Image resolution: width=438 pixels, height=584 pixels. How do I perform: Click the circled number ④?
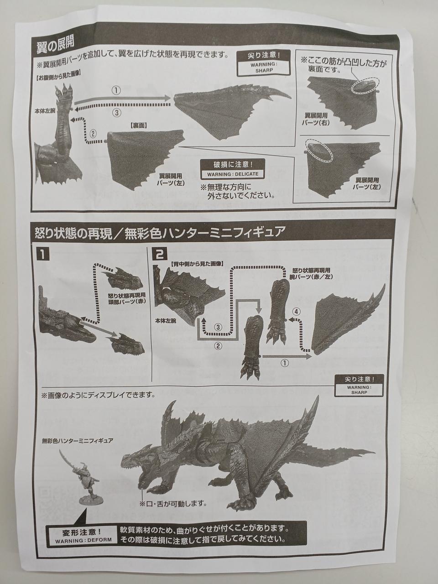coord(297,311)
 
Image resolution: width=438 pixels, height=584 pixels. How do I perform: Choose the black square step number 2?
coord(160,255)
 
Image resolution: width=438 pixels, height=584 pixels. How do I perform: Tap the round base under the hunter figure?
coord(91,500)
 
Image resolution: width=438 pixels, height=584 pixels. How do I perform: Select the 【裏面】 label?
coord(139,125)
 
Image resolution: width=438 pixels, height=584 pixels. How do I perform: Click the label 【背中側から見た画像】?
coord(196,263)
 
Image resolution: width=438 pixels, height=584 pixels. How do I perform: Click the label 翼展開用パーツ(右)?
coord(316,119)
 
